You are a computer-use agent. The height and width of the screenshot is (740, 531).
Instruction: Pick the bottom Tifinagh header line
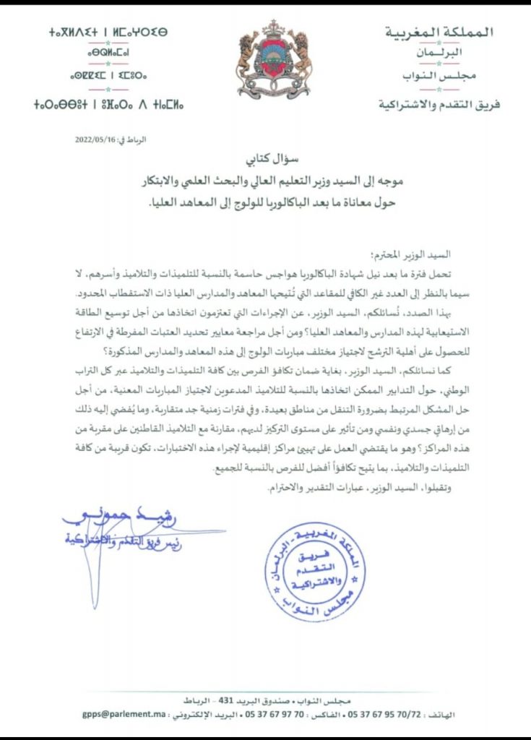(98, 105)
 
